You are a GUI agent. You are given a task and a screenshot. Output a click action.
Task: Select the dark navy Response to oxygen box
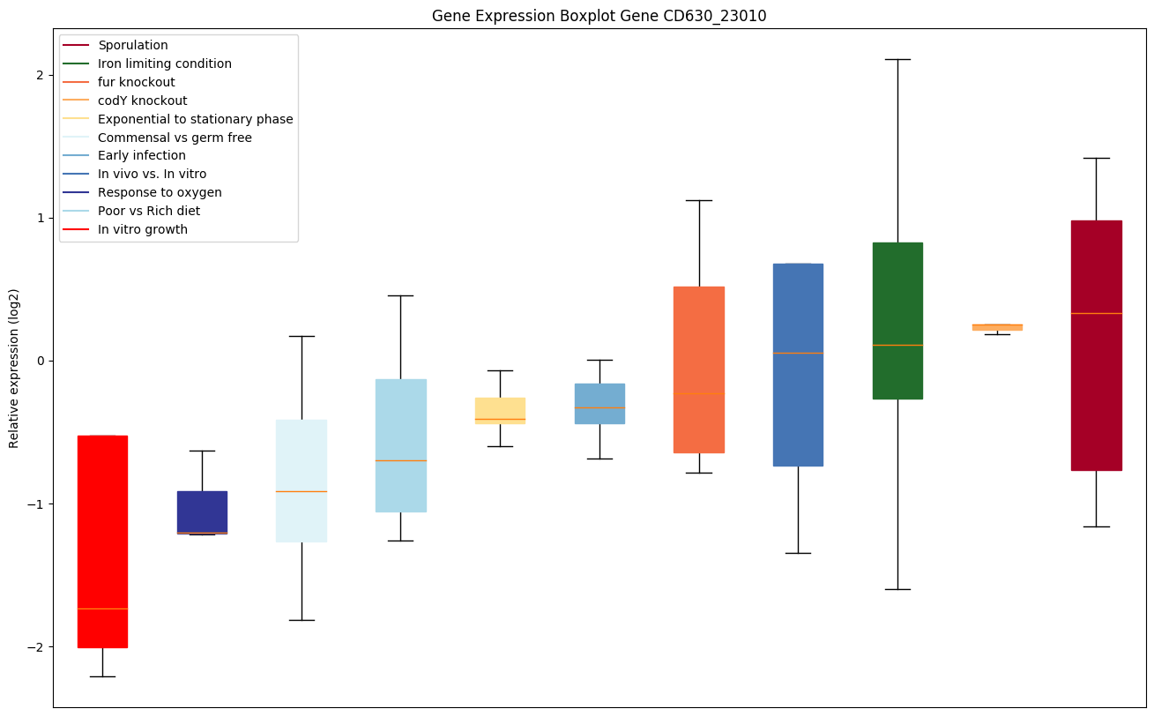pos(202,511)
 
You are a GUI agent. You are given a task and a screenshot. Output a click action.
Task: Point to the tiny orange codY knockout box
pos(997,327)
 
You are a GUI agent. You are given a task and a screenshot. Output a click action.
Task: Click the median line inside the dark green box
pos(897,345)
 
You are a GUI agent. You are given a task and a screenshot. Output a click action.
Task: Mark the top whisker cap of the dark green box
pos(897,59)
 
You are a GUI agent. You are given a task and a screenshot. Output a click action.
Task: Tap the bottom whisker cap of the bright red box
pos(102,676)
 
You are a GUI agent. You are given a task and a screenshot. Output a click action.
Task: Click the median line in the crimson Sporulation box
pos(1096,313)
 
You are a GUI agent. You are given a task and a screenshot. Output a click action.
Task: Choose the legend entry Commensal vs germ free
pos(175,138)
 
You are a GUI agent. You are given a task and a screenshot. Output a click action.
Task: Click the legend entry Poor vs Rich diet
pos(149,211)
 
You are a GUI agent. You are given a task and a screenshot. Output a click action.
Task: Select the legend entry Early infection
pos(142,156)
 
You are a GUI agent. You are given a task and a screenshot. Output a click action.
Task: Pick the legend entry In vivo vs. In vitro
pos(152,175)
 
